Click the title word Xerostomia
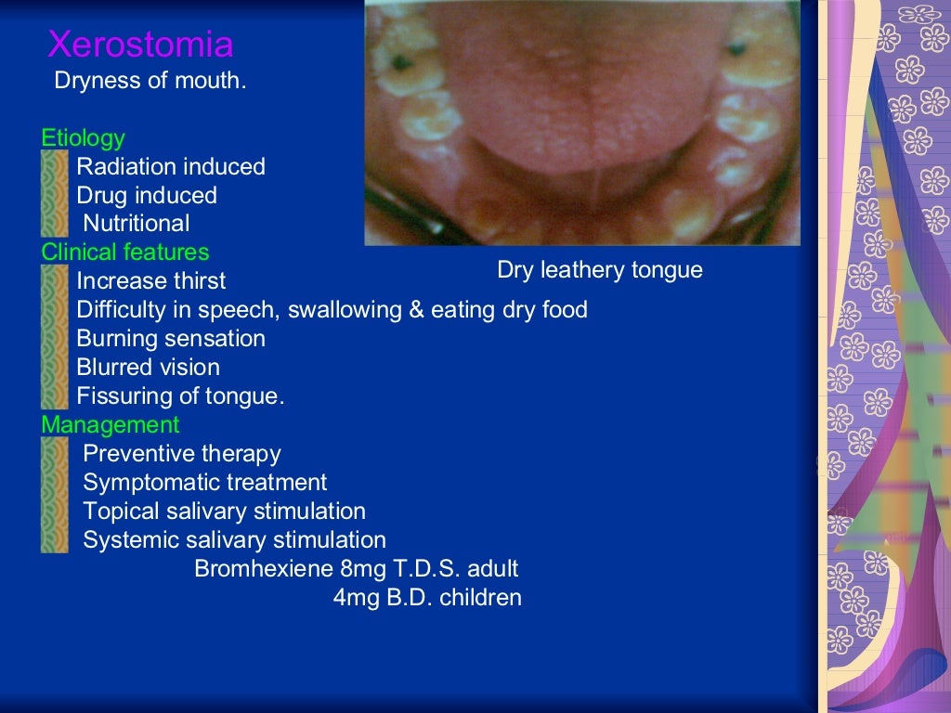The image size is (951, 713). (140, 45)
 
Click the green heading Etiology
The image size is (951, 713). (83, 138)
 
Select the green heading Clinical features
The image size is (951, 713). (124, 252)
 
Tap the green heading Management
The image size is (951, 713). (110, 425)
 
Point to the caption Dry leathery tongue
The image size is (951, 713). (599, 270)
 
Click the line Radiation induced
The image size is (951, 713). (170, 167)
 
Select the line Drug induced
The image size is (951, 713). (146, 196)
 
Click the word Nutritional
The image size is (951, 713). (136, 224)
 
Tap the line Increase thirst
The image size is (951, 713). (150, 281)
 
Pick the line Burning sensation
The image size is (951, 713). (170, 339)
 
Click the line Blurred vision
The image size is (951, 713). (148, 368)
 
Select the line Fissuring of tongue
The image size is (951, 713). (180, 396)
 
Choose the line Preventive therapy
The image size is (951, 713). (181, 454)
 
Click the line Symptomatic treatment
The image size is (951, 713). (204, 483)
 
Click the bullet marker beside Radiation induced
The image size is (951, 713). (55, 167)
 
